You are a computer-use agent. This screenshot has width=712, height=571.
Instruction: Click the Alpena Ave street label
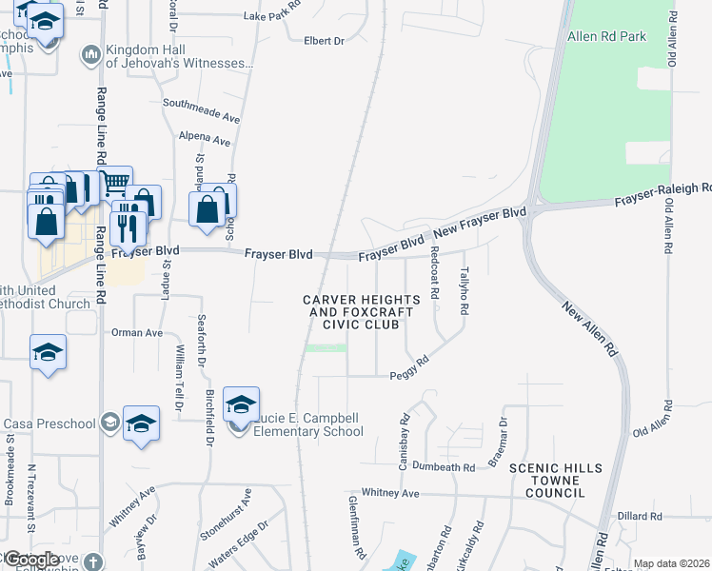pyautogui.click(x=206, y=140)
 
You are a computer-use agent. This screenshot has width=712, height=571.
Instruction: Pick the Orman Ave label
pyautogui.click(x=137, y=333)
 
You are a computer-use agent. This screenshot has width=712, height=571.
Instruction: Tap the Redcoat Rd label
pyautogui.click(x=433, y=274)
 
